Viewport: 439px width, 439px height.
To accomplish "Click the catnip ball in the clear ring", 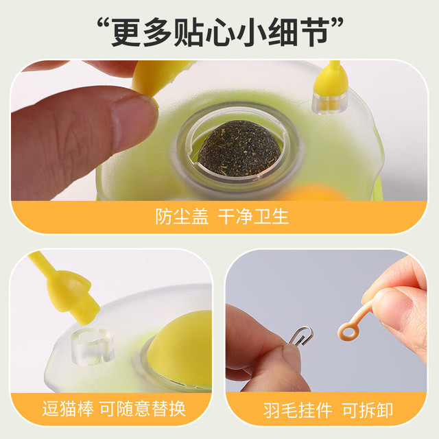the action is coord(239,148).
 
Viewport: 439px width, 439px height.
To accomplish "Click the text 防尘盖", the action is coord(182,217).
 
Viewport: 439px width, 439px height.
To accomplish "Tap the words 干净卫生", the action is coord(253,217).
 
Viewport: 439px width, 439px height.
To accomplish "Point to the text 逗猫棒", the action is coord(68,409).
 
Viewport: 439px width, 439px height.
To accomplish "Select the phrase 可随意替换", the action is coord(143,409).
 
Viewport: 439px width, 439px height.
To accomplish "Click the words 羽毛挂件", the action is coord(298,410).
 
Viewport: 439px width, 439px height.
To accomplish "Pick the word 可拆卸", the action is coord(368,410).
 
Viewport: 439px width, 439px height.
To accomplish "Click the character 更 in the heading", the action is coord(126,32).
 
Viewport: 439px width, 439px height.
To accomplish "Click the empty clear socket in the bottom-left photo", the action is coord(93,347).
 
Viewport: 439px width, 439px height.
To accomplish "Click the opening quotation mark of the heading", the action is coord(103,24).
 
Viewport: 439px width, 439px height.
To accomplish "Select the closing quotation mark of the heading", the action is coord(337,24).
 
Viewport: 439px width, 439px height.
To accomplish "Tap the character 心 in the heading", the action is coord(219,32).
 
